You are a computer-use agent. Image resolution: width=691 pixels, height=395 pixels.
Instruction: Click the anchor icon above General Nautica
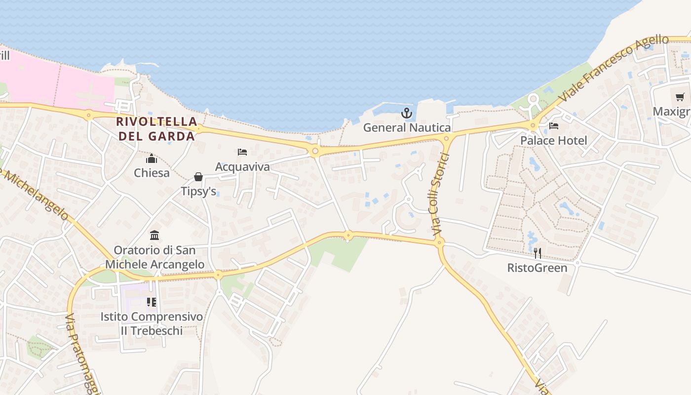(406, 114)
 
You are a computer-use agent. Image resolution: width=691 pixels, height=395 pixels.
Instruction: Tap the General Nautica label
(407, 127)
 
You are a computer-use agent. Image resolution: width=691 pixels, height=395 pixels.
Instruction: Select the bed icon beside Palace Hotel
(554, 126)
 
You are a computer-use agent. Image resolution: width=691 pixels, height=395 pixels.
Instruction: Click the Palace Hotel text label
(554, 141)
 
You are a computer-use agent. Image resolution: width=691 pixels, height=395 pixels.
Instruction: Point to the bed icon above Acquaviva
(242, 152)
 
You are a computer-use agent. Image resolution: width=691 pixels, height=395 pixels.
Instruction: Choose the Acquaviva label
(242, 167)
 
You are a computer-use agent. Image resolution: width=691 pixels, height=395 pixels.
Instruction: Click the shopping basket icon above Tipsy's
(198, 177)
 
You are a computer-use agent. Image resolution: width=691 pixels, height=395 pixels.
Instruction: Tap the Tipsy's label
(198, 191)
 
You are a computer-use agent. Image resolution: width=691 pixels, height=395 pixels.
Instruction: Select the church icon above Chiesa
(152, 158)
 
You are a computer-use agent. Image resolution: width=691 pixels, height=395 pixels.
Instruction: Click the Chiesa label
(152, 173)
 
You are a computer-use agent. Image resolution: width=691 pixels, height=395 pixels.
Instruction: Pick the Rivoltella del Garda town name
(157, 128)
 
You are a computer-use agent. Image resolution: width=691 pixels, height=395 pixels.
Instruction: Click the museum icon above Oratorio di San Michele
(154, 235)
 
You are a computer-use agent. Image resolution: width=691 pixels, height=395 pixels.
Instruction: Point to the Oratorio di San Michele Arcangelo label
(154, 257)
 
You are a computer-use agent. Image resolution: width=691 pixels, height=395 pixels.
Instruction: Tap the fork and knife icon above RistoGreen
(537, 253)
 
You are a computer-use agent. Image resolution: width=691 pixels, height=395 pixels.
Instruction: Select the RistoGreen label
(537, 268)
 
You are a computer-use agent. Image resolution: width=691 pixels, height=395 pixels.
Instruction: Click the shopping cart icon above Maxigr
(680, 97)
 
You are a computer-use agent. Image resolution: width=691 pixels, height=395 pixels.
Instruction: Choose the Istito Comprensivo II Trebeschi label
(152, 323)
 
